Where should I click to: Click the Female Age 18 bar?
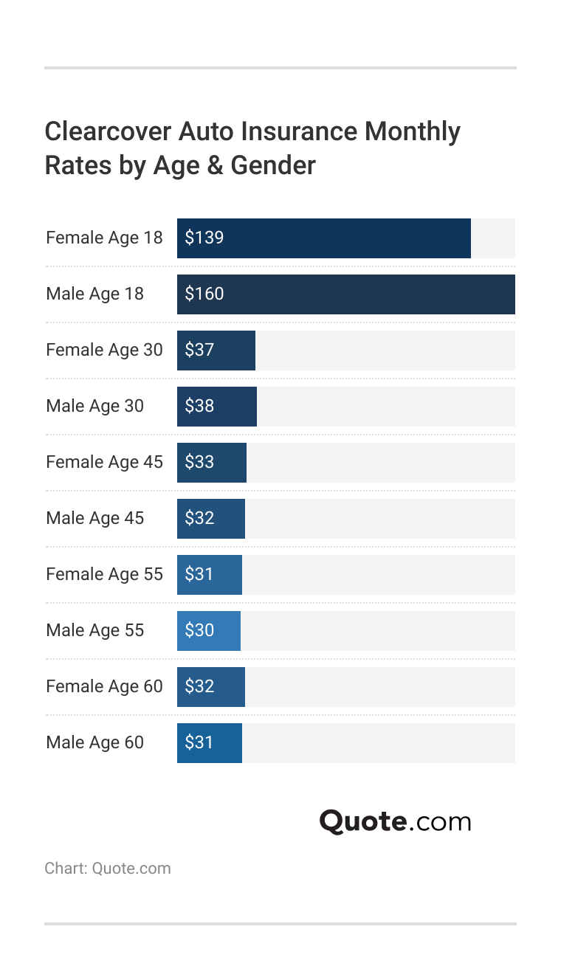pyautogui.click(x=323, y=238)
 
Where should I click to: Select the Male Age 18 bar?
pyautogui.click(x=345, y=294)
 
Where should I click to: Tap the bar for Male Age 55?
pyautogui.click(x=209, y=631)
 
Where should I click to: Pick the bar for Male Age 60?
pyautogui.click(x=210, y=743)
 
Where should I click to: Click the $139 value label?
pyautogui.click(x=204, y=238)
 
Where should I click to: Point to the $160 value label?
pyautogui.click(x=204, y=294)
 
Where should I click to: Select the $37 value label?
pyautogui.click(x=199, y=351)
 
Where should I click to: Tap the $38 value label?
pyautogui.click(x=199, y=407)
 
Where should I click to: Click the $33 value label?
pyautogui.click(x=199, y=463)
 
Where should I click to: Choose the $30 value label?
pyautogui.click(x=199, y=631)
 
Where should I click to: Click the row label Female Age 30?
pyautogui.click(x=104, y=351)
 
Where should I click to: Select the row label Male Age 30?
pyautogui.click(x=94, y=407)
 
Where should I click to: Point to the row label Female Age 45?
pyautogui.click(x=104, y=463)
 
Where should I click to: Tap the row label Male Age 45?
pyautogui.click(x=94, y=519)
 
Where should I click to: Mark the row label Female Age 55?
pyautogui.click(x=104, y=575)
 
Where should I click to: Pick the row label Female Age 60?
pyautogui.click(x=104, y=687)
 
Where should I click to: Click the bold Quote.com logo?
pyautogui.click(x=395, y=821)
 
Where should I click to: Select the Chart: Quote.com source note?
pyautogui.click(x=108, y=868)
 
